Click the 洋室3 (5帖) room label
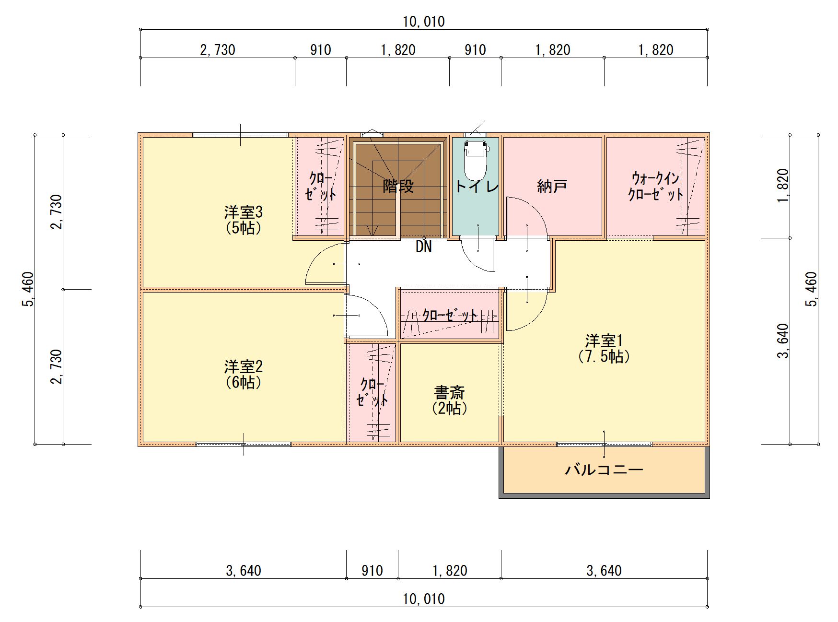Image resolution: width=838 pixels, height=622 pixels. coord(244,220)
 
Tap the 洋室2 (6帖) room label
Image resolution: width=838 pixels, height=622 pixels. coord(244,375)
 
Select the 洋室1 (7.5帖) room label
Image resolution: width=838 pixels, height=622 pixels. coord(604,349)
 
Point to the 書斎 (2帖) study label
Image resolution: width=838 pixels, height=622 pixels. coord(449,400)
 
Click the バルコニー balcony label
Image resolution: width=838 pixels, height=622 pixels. coord(604,469)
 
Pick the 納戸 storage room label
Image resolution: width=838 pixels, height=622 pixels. coord(552,186)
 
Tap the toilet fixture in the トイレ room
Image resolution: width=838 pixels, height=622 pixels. coord(475,160)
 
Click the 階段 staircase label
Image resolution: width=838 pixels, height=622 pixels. coord(398,186)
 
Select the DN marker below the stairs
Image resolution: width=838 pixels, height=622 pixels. coord(424,247)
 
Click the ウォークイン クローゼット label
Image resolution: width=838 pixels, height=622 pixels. coord(655,186)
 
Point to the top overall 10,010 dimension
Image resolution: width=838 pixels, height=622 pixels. coord(424,22)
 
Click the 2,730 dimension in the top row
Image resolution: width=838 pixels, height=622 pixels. coord(218,50)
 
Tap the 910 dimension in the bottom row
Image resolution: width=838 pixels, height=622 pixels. coord(372,571)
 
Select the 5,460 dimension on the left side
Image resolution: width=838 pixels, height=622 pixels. coord(28,289)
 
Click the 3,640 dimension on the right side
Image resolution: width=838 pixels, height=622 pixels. coord(783,341)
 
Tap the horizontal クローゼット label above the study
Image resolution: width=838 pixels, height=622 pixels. coord(450,316)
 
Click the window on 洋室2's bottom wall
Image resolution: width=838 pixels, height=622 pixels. coord(244,444)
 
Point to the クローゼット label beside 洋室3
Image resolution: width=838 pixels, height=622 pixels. coord(321,186)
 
